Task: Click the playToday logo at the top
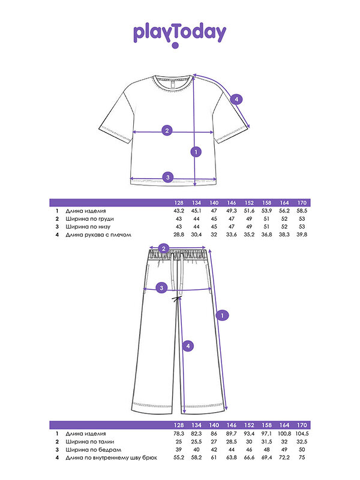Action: (x=179, y=35)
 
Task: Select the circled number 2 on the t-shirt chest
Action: (x=167, y=130)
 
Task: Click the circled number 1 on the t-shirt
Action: (x=196, y=152)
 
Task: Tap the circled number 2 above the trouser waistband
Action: (x=163, y=248)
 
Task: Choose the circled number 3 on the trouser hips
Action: (x=161, y=289)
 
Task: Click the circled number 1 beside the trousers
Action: (x=223, y=315)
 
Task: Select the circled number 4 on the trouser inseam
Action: (x=188, y=346)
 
